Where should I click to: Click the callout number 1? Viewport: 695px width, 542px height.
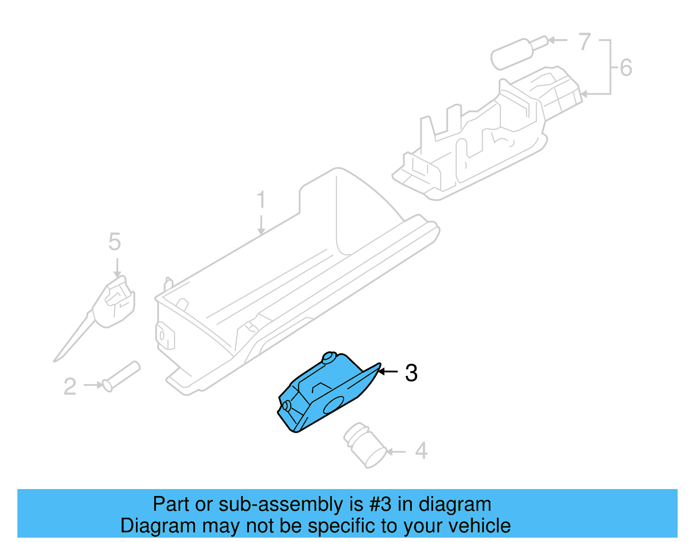[261, 200]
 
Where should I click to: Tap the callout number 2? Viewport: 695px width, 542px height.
[70, 386]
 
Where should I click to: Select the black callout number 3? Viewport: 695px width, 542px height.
[411, 373]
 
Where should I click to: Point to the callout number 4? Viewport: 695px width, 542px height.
[421, 451]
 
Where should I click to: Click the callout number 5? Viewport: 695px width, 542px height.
[114, 242]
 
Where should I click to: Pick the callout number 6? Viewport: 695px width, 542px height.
[626, 68]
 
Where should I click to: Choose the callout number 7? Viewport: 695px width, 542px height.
[585, 42]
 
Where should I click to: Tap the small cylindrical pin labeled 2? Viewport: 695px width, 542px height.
[121, 376]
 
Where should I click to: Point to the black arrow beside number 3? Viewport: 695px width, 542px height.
[388, 371]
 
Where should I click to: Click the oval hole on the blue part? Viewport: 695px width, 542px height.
[333, 405]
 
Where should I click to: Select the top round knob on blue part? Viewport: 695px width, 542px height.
[328, 358]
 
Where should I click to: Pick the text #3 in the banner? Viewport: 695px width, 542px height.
[380, 505]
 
